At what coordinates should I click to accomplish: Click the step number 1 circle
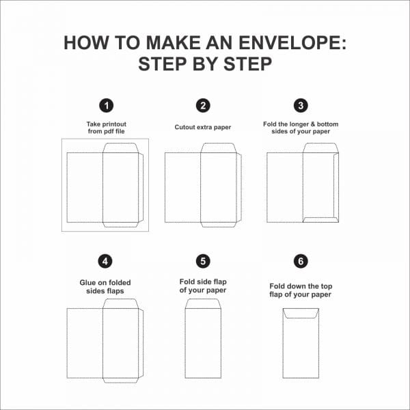[106, 106]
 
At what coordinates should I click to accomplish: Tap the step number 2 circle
[203, 106]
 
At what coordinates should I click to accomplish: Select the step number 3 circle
[301, 106]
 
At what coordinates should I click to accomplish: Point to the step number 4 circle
[105, 261]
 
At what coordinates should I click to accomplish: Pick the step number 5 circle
[203, 261]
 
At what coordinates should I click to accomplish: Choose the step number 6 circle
[301, 261]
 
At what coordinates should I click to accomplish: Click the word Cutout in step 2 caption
[184, 127]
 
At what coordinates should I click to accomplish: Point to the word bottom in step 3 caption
[327, 124]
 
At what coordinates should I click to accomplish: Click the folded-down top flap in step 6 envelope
[301, 313]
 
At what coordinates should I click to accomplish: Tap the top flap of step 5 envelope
[203, 304]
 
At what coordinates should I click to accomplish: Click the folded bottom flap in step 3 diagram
[320, 220]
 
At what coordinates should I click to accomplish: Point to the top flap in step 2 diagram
[219, 148]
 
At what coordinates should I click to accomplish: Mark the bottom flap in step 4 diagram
[120, 381]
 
